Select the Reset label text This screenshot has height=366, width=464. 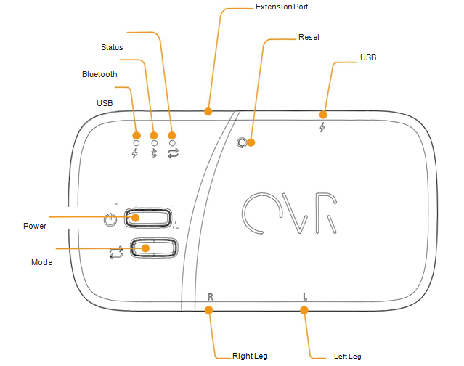click(x=309, y=37)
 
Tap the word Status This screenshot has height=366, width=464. click(x=111, y=47)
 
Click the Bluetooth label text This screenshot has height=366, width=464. click(x=99, y=74)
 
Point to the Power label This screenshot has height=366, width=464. click(x=35, y=226)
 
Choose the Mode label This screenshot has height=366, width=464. click(x=41, y=261)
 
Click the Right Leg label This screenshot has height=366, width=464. click(x=250, y=356)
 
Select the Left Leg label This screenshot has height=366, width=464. click(x=347, y=356)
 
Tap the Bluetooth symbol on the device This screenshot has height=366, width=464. click(x=153, y=153)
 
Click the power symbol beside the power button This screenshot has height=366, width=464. click(x=110, y=219)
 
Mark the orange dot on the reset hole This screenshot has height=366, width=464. click(x=251, y=142)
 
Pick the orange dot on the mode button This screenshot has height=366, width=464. click(x=146, y=248)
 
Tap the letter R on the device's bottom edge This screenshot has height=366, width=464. click(x=211, y=296)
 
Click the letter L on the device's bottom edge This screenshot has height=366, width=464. click(x=305, y=296)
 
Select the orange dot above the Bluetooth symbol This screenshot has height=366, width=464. click(x=153, y=135)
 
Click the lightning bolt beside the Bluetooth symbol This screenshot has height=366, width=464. click(x=135, y=153)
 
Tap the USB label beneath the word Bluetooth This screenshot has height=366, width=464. click(x=105, y=103)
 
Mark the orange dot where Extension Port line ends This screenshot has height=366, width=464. click(x=208, y=111)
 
